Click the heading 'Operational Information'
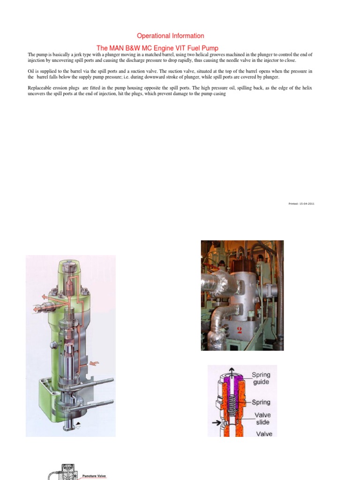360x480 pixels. pos(170,36)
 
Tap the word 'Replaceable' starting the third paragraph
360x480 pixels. pos(39,88)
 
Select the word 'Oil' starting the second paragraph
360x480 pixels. pos(31,71)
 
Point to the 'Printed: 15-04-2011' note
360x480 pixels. pos(301,203)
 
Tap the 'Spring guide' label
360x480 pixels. pos(261,378)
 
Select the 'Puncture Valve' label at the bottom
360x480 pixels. pos(94,476)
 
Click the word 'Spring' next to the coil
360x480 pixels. pos(261,402)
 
